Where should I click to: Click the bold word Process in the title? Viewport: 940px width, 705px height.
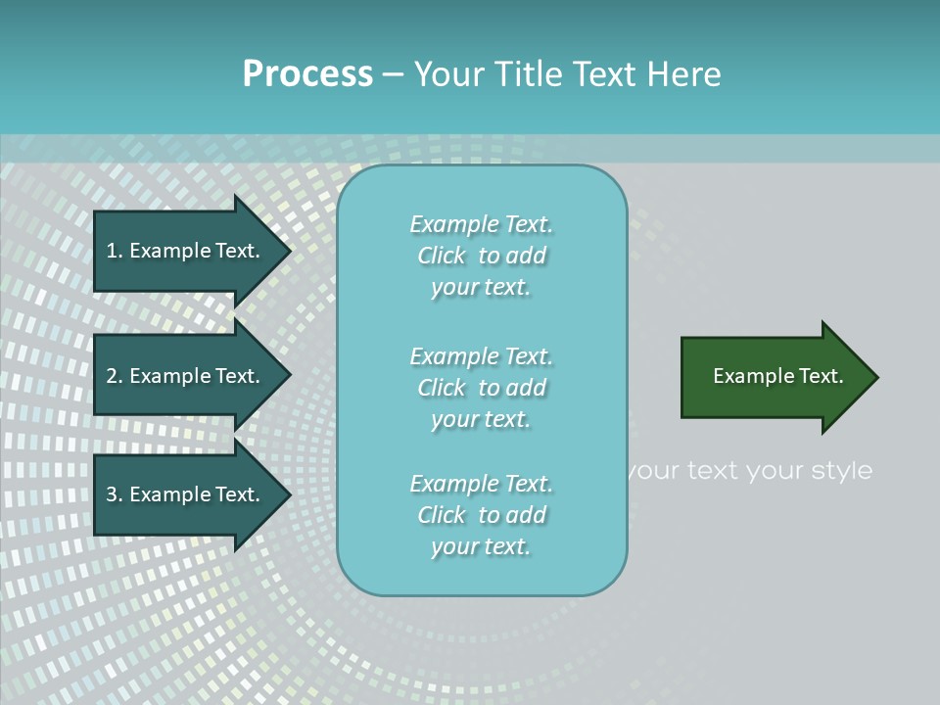point(307,74)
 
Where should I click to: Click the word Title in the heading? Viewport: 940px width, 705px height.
point(532,74)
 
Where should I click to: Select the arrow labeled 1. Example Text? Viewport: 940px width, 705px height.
point(186,251)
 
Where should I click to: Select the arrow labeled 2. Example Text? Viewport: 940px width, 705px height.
point(186,376)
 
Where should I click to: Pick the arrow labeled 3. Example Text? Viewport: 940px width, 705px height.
point(186,495)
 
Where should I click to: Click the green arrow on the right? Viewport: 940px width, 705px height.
point(774,377)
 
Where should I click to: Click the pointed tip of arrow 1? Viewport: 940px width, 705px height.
point(288,251)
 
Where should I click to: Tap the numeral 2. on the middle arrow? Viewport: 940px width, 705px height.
point(115,376)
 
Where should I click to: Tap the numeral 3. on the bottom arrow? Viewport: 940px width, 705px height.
point(115,495)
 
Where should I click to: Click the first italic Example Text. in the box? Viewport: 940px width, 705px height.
point(481,224)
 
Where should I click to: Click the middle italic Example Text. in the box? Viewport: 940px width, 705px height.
point(481,356)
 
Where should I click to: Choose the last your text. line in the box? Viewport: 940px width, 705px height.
point(481,546)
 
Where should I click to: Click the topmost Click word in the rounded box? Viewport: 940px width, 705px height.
point(441,256)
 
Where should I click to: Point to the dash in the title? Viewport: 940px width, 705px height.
point(393,75)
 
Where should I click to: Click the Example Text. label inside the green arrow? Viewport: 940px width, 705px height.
point(777,376)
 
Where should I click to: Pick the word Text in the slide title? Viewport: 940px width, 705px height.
point(603,74)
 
